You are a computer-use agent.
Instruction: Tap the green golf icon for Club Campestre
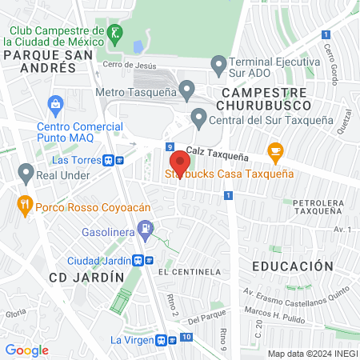click(115, 33)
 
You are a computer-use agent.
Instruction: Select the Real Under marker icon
click(25, 172)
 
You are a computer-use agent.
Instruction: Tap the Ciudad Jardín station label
click(99, 260)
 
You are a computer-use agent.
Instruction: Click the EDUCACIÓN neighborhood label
click(291, 266)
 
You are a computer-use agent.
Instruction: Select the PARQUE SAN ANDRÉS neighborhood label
click(41, 61)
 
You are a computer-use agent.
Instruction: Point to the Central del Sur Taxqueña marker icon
click(199, 121)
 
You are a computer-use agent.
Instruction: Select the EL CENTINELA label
click(189, 272)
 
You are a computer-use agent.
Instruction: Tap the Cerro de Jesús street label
click(126, 66)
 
